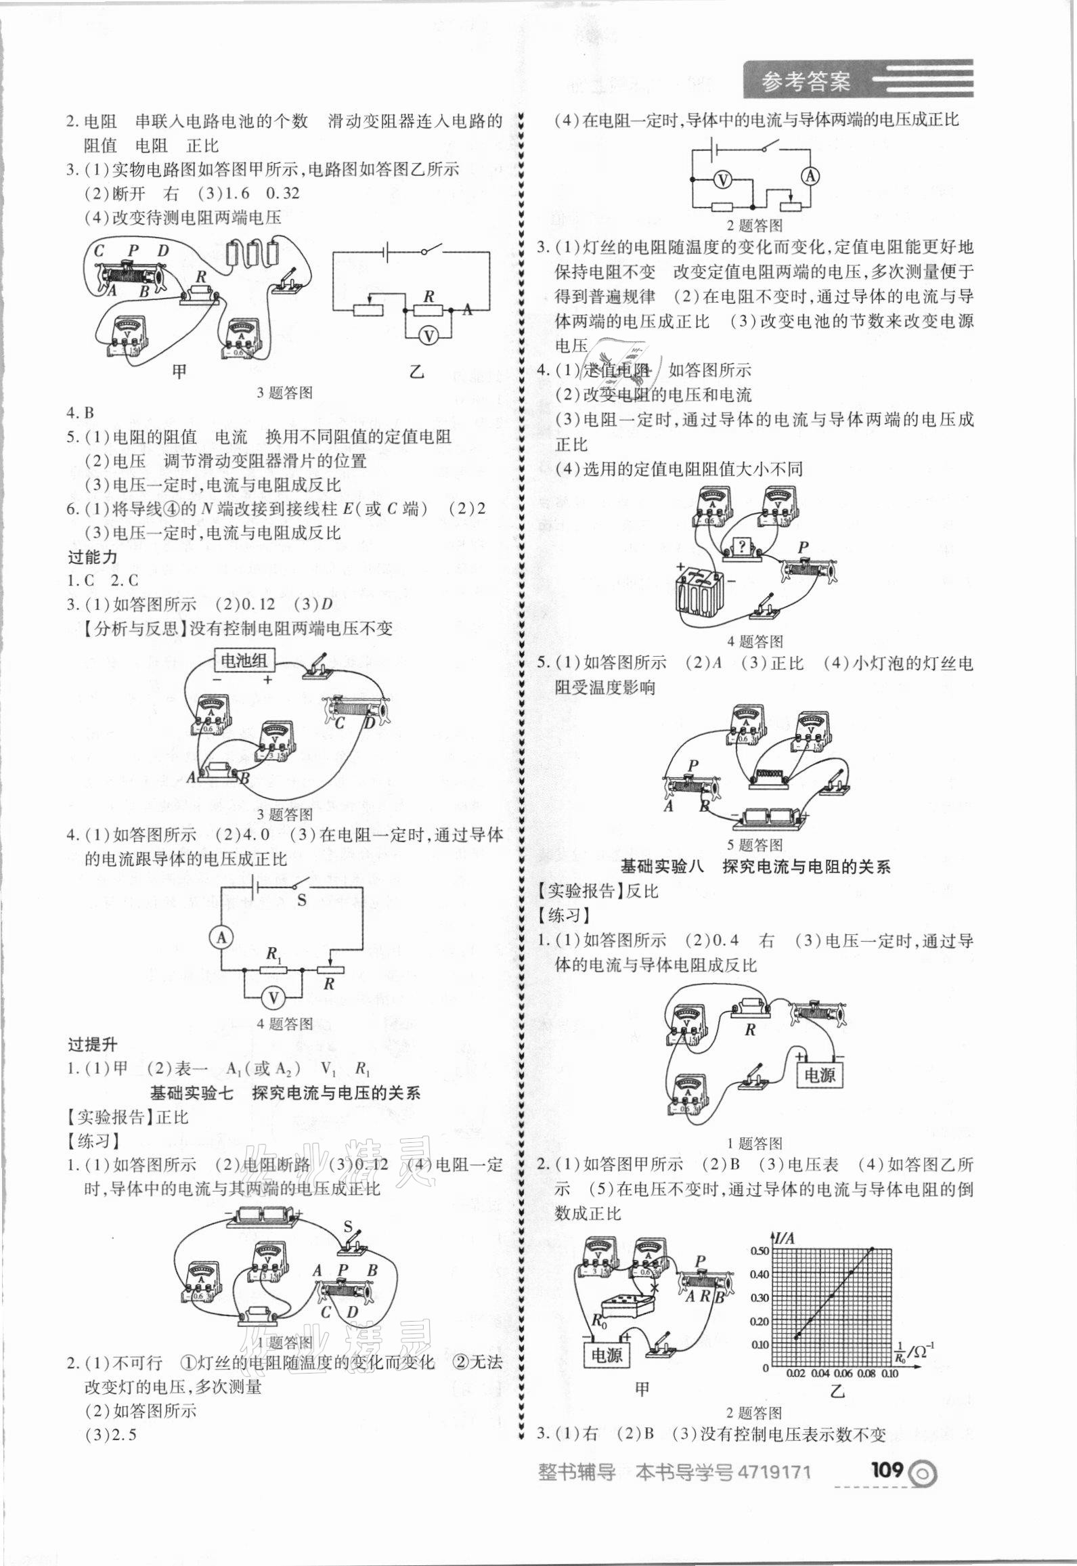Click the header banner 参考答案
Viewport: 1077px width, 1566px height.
click(806, 82)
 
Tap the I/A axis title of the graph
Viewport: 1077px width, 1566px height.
click(784, 1237)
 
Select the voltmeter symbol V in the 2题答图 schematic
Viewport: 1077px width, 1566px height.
click(722, 179)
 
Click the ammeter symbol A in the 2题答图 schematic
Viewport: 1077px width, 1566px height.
click(810, 177)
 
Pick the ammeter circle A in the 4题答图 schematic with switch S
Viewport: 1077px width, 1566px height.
click(221, 937)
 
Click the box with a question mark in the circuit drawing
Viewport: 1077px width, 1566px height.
click(741, 546)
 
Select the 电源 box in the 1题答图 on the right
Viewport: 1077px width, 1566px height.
click(820, 1075)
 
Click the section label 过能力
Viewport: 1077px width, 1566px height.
click(93, 557)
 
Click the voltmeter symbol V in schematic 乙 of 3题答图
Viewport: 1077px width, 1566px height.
click(427, 334)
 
